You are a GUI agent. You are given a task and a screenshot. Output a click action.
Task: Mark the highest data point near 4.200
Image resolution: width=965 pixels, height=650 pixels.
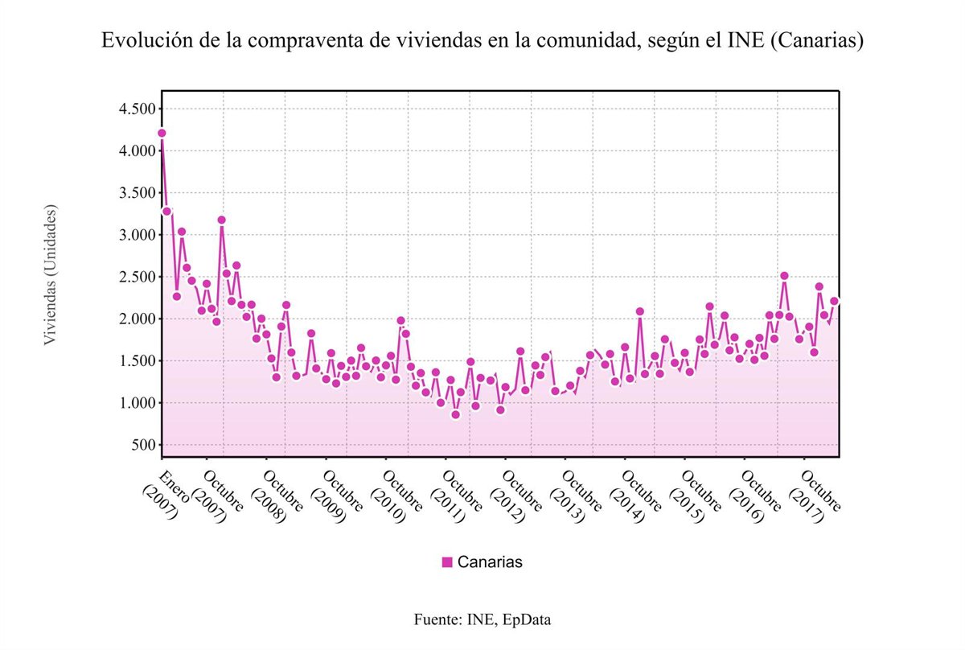click(x=162, y=133)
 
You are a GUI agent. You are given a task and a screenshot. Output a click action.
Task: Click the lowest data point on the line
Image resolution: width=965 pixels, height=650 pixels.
click(x=455, y=414)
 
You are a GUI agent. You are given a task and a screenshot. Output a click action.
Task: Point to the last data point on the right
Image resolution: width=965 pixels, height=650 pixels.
click(x=834, y=301)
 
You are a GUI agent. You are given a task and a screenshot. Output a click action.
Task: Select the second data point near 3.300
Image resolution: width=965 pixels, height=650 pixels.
click(x=166, y=211)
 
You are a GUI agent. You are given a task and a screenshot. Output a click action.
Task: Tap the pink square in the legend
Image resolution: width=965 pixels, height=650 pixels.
click(x=447, y=562)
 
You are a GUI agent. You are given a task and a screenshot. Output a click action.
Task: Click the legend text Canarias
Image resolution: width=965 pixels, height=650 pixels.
click(x=490, y=562)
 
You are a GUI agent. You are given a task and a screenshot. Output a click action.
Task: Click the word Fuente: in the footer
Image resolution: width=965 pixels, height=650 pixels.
click(x=438, y=619)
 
